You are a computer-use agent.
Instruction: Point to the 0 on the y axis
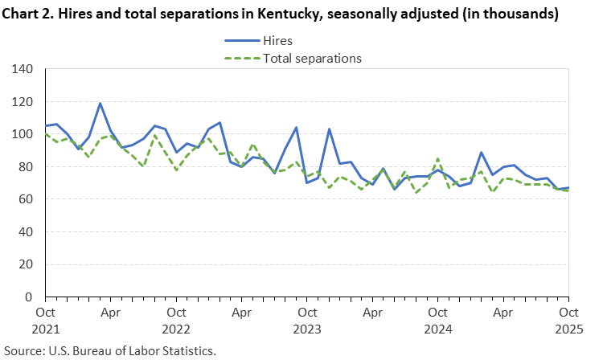coord(30,297)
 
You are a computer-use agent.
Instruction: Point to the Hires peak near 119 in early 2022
coord(100,103)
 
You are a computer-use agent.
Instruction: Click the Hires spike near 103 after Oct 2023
coord(329,129)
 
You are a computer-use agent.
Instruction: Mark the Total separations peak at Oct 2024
coord(437,159)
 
